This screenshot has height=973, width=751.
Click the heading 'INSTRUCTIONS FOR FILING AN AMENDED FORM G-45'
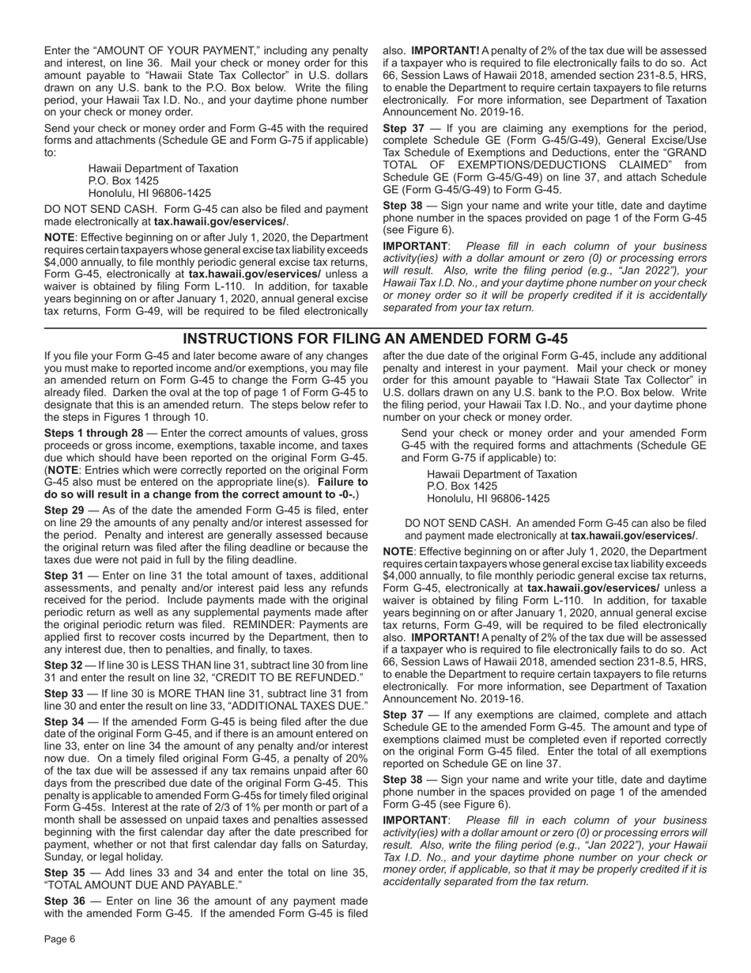[375, 339]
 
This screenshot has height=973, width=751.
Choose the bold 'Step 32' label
[62, 665]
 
